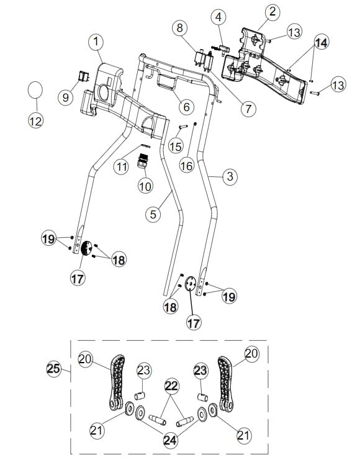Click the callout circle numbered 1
coord(96,42)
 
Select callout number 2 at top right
coord(272,11)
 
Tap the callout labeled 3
coord(230,177)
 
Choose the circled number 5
coord(153,215)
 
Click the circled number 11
coord(121,166)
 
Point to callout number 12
coord(36,121)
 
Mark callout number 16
coord(187,165)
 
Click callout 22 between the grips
coord(172,386)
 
